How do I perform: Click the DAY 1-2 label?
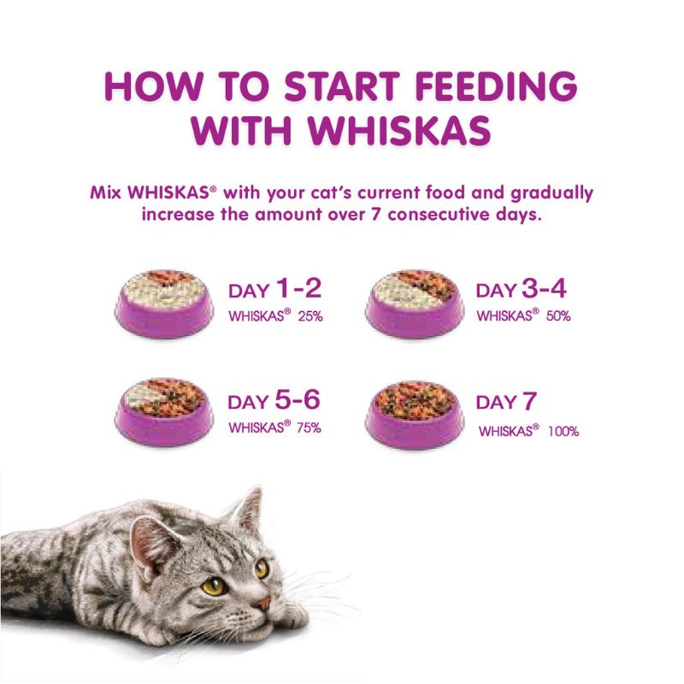coord(274,289)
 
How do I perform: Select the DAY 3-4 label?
coord(523,289)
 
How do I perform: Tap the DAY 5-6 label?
coord(274,401)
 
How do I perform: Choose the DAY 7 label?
coord(507,401)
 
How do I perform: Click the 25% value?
coord(310,316)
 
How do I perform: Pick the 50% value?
coord(559,316)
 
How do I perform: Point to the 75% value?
coord(309,427)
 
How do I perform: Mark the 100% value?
coord(564,431)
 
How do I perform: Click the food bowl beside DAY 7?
coord(414,414)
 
